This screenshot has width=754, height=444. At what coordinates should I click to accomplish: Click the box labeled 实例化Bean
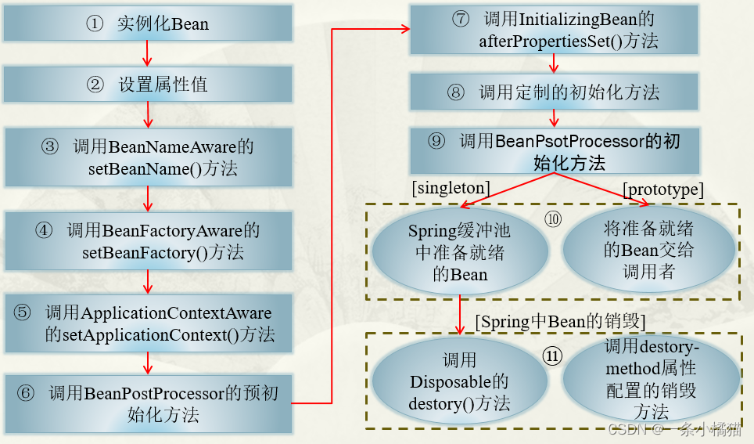pos(148,24)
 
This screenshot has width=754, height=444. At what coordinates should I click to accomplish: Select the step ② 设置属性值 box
pos(148,85)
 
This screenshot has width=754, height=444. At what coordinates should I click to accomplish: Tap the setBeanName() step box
pos(148,157)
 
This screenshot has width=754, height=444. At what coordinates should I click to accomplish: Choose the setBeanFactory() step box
pos(148,241)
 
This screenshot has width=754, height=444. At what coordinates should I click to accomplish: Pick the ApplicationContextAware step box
pos(148,323)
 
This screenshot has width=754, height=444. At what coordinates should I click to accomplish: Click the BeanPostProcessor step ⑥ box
pos(148,403)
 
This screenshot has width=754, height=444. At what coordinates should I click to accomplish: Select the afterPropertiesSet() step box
pos(555,30)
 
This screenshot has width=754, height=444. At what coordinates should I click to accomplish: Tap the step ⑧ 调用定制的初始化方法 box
pos(555,92)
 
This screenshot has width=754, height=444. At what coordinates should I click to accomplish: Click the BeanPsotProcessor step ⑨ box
pos(555,151)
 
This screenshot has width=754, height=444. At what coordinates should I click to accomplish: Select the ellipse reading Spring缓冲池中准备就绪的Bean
pos(459,252)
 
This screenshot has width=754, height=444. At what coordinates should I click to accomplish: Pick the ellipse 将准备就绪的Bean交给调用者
pos(648,251)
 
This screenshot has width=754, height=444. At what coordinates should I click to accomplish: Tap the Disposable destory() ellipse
pos(459,381)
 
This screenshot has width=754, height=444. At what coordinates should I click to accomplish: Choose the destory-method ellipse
pos(651,380)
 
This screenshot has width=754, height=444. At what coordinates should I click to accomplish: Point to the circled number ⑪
pos(552,355)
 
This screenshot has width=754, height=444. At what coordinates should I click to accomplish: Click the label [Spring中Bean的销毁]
pos(559,321)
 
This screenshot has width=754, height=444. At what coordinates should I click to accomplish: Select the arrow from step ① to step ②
pos(148,53)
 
